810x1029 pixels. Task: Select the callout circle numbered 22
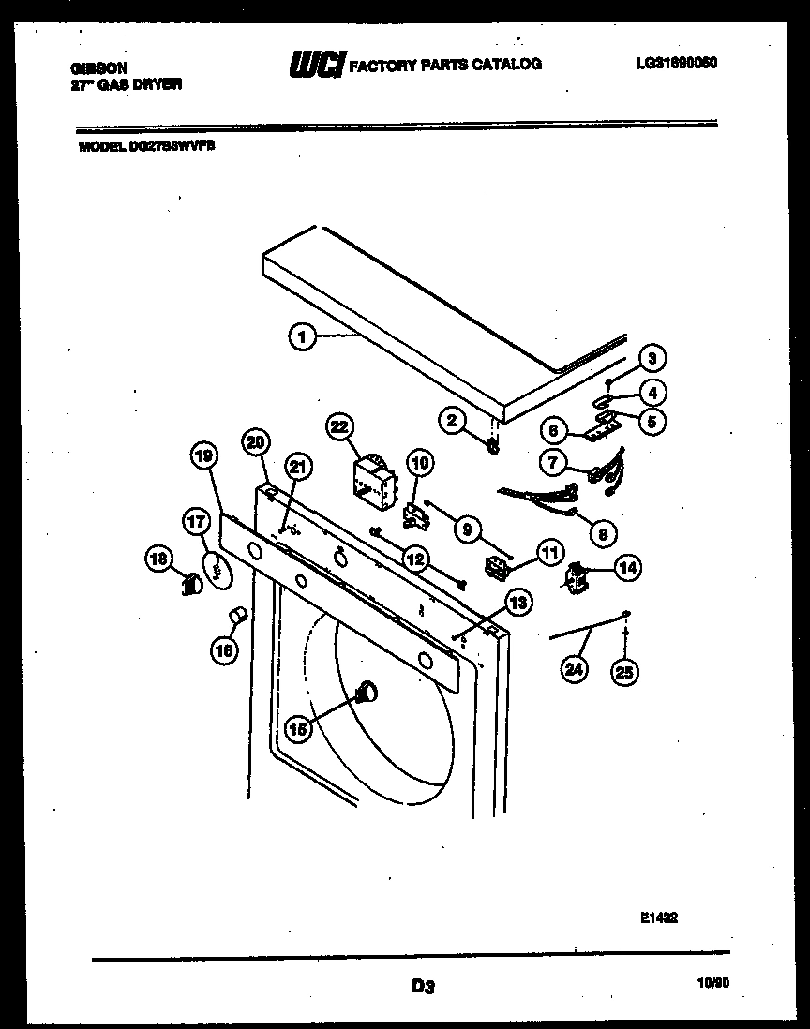pyautogui.click(x=339, y=427)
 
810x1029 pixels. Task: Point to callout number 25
pyautogui.click(x=623, y=671)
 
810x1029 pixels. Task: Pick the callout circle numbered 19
pyautogui.click(x=204, y=456)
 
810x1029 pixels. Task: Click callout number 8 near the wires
pyautogui.click(x=602, y=533)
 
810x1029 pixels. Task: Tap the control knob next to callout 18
pyautogui.click(x=191, y=586)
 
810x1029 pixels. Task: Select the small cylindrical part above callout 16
pyautogui.click(x=238, y=615)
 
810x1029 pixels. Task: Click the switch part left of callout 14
pyautogui.click(x=576, y=576)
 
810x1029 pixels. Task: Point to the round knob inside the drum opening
pyautogui.click(x=365, y=693)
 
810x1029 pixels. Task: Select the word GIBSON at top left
pyautogui.click(x=99, y=67)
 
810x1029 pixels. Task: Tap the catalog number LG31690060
pyautogui.click(x=675, y=63)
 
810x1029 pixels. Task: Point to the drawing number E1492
pyautogui.click(x=659, y=919)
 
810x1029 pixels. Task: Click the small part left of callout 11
pyautogui.click(x=495, y=567)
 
